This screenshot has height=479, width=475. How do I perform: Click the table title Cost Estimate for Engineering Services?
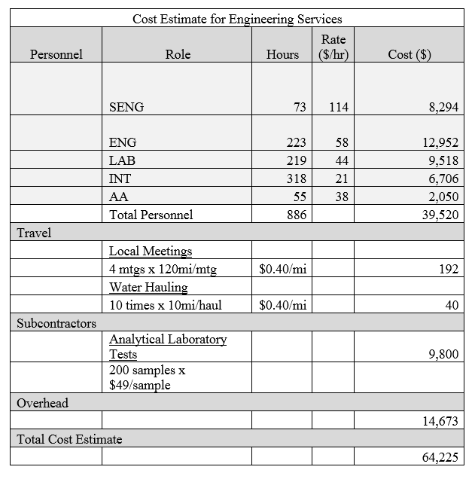click(x=237, y=19)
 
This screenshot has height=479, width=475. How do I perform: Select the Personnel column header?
click(x=56, y=54)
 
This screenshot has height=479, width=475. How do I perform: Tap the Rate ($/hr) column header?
click(x=333, y=47)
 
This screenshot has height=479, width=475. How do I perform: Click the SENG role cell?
click(x=126, y=107)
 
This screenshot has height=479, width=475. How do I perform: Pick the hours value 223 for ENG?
click(x=296, y=142)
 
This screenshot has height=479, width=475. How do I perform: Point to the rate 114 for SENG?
click(x=339, y=107)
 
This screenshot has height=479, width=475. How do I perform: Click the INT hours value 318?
click(x=296, y=178)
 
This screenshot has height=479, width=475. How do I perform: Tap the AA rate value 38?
click(x=342, y=197)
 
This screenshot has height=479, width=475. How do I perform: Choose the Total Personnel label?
click(x=151, y=215)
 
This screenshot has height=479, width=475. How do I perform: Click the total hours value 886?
click(x=296, y=215)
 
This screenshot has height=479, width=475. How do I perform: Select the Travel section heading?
click(x=34, y=233)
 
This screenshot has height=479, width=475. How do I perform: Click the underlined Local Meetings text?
click(x=151, y=251)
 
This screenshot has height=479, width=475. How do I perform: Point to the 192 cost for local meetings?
click(x=449, y=269)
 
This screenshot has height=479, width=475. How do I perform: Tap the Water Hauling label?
click(x=148, y=287)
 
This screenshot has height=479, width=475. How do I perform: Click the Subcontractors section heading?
click(x=56, y=323)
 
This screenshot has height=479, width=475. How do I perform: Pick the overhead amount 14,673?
click(x=440, y=421)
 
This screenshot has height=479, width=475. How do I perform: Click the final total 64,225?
click(x=440, y=457)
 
